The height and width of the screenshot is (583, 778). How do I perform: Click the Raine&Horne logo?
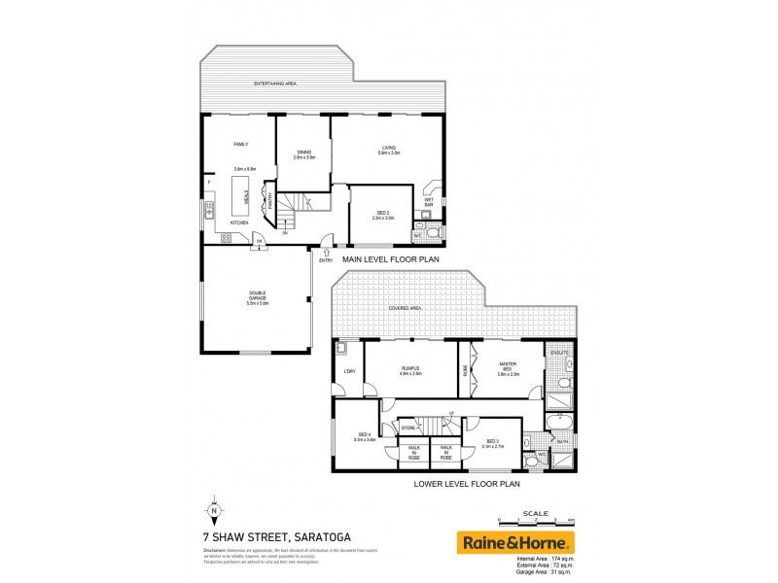[515, 542]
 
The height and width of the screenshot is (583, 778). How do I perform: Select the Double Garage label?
[257, 296]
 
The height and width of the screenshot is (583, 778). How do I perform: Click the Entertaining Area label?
[274, 85]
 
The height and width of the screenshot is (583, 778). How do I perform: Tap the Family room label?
[241, 145]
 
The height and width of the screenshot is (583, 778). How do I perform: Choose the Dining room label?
[304, 153]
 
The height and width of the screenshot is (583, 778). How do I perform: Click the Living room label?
[389, 149]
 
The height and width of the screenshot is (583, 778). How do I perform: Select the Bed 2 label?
[384, 216]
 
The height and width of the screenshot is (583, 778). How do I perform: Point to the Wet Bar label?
[428, 201]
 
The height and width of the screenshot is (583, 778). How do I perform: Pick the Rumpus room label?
[411, 369]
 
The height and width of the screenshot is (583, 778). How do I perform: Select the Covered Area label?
[405, 309]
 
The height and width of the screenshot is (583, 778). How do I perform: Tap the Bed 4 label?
[366, 437]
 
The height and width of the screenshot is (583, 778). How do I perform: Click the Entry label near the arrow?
[327, 259]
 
